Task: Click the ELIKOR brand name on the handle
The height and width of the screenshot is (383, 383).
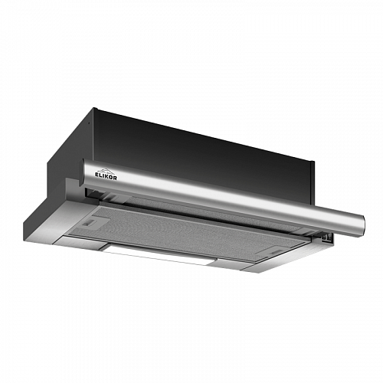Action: point(106,176)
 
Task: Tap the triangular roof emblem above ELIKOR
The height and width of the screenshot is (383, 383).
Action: point(106,171)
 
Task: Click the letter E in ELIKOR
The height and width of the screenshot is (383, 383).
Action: point(97,175)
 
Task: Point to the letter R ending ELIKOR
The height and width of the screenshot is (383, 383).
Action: point(115,178)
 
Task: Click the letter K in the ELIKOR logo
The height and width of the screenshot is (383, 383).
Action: point(106,177)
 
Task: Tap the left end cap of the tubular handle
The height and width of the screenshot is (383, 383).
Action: point(84,171)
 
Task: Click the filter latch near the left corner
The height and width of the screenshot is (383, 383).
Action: point(90,221)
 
